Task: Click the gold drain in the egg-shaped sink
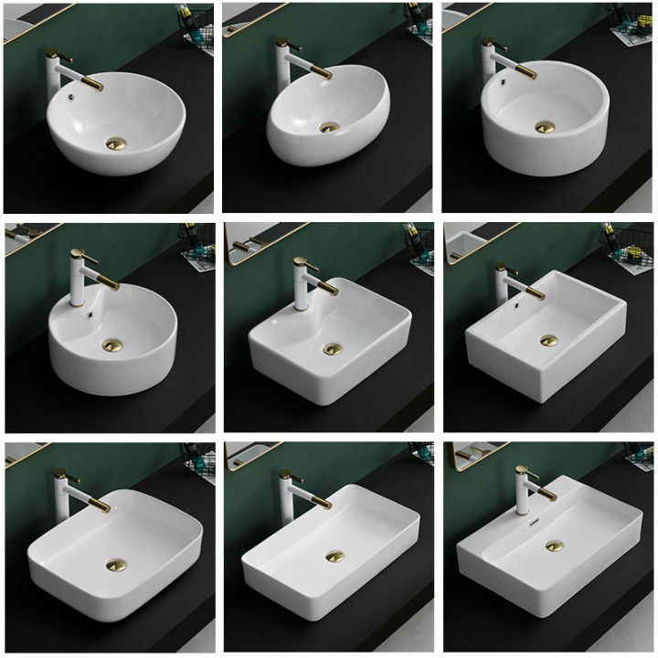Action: coord(329,128)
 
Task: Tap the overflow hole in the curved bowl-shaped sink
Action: coord(72,93)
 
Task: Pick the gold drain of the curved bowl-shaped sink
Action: coord(116,143)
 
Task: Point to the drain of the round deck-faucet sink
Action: coord(112,345)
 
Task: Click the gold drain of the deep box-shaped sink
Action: coord(548,340)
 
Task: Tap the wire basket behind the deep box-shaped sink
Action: coord(614,245)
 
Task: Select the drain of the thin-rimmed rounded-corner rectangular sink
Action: coord(116,563)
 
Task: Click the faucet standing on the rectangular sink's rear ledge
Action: coord(524,487)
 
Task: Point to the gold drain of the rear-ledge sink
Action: coord(553,547)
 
